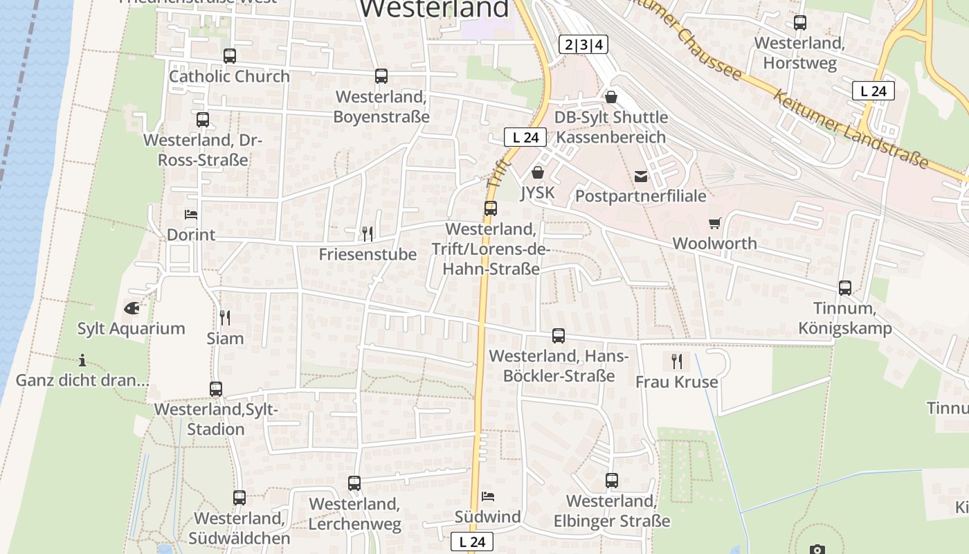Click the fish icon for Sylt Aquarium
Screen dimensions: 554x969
coord(132,308)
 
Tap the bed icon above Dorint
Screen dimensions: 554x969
coord(191,215)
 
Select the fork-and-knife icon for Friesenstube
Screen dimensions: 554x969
coord(368,233)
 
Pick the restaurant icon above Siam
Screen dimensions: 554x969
coord(225,318)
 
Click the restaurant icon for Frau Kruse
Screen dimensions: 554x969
coord(677,361)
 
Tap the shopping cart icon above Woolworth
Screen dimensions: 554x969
coord(715,223)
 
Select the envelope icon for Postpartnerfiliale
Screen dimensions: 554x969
coord(641,176)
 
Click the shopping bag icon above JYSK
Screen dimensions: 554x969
coord(538,172)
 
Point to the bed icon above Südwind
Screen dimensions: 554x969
coord(488,496)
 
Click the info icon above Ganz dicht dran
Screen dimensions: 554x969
coord(82,360)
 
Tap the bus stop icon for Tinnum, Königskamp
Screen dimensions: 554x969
coord(845,288)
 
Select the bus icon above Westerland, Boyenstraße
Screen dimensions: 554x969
coord(381,76)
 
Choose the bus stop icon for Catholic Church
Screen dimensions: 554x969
coord(230,56)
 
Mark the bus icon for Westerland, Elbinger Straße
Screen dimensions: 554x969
coord(612,481)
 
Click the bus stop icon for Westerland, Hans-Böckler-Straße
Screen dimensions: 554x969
coord(559,336)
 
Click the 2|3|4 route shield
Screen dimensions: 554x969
coord(583,45)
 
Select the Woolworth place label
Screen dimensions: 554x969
coord(715,244)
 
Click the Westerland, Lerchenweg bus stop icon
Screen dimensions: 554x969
coord(354,483)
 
